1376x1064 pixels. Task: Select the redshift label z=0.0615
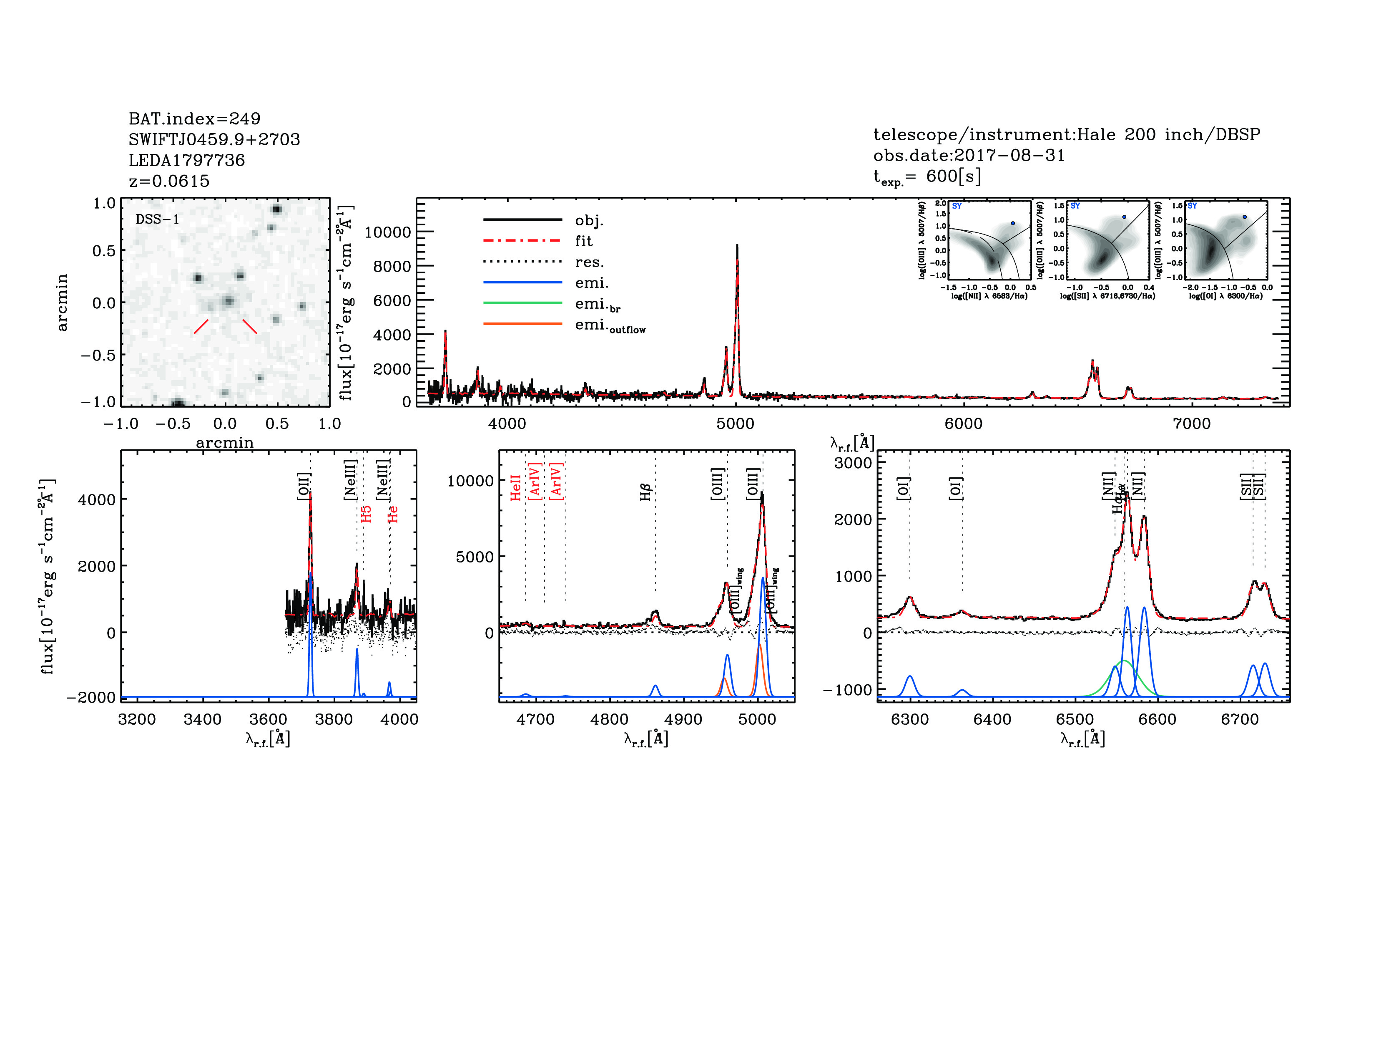point(169,181)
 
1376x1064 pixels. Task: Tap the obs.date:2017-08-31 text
point(968,155)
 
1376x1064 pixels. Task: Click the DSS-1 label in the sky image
point(158,219)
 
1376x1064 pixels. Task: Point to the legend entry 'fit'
point(583,241)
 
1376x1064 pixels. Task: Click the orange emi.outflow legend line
point(522,324)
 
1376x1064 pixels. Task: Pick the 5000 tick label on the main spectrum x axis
point(735,424)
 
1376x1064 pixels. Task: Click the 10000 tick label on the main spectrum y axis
point(387,232)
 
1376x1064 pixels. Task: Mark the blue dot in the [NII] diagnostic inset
point(1012,223)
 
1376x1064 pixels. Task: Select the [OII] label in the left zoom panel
point(304,486)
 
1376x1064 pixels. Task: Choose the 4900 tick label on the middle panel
point(683,720)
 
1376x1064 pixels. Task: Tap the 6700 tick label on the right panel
point(1239,720)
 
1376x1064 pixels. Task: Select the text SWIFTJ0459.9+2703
point(214,139)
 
